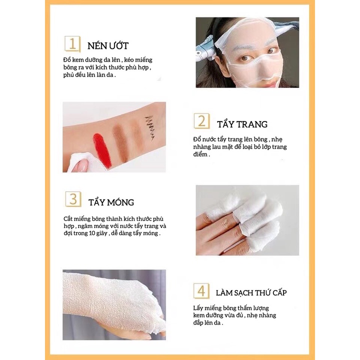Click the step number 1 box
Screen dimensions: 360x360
[72, 43]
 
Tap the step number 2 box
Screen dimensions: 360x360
[201, 121]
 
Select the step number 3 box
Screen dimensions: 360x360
[73, 199]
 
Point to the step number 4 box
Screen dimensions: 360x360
[201, 290]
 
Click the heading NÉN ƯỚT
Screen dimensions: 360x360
[108, 45]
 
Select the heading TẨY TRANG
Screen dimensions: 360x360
[242, 124]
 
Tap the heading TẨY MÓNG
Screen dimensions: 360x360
[111, 202]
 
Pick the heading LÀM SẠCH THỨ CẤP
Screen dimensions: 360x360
[251, 292]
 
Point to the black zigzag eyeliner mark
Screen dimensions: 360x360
[149, 127]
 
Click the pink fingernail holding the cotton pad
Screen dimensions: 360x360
[82, 164]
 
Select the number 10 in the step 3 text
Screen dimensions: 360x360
[92, 233]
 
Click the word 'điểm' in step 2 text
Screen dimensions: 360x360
[200, 154]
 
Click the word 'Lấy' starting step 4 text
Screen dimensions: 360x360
[198, 308]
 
